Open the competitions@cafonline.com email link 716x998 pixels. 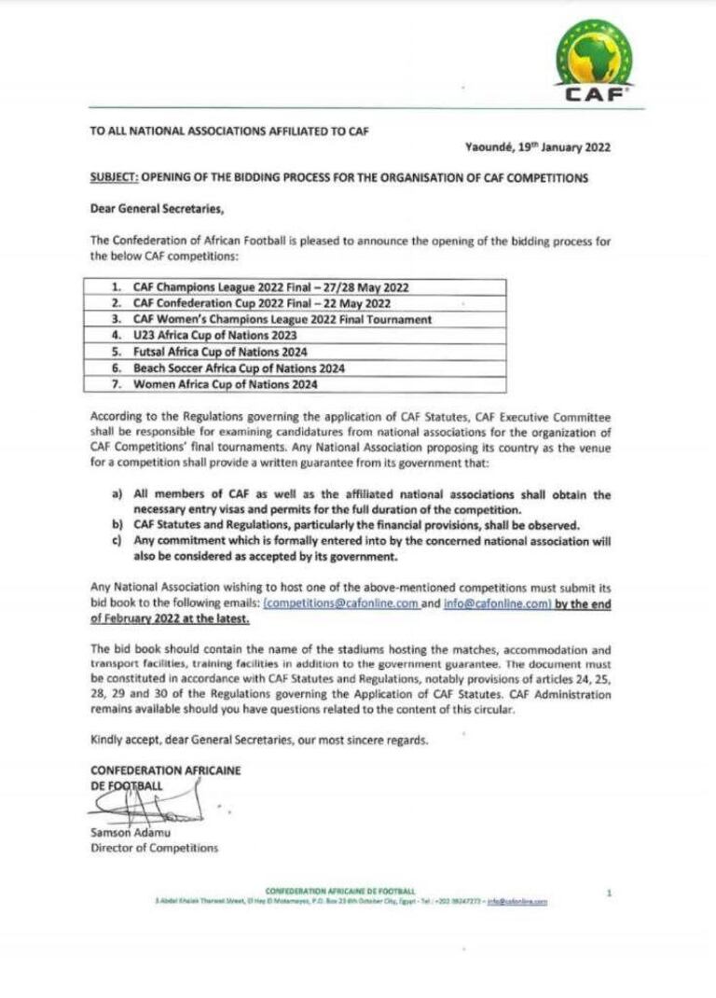(x=340, y=604)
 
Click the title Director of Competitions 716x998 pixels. (x=154, y=848)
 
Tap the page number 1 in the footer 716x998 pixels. (x=609, y=893)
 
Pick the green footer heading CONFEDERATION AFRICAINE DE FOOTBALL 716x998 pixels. (x=340, y=892)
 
